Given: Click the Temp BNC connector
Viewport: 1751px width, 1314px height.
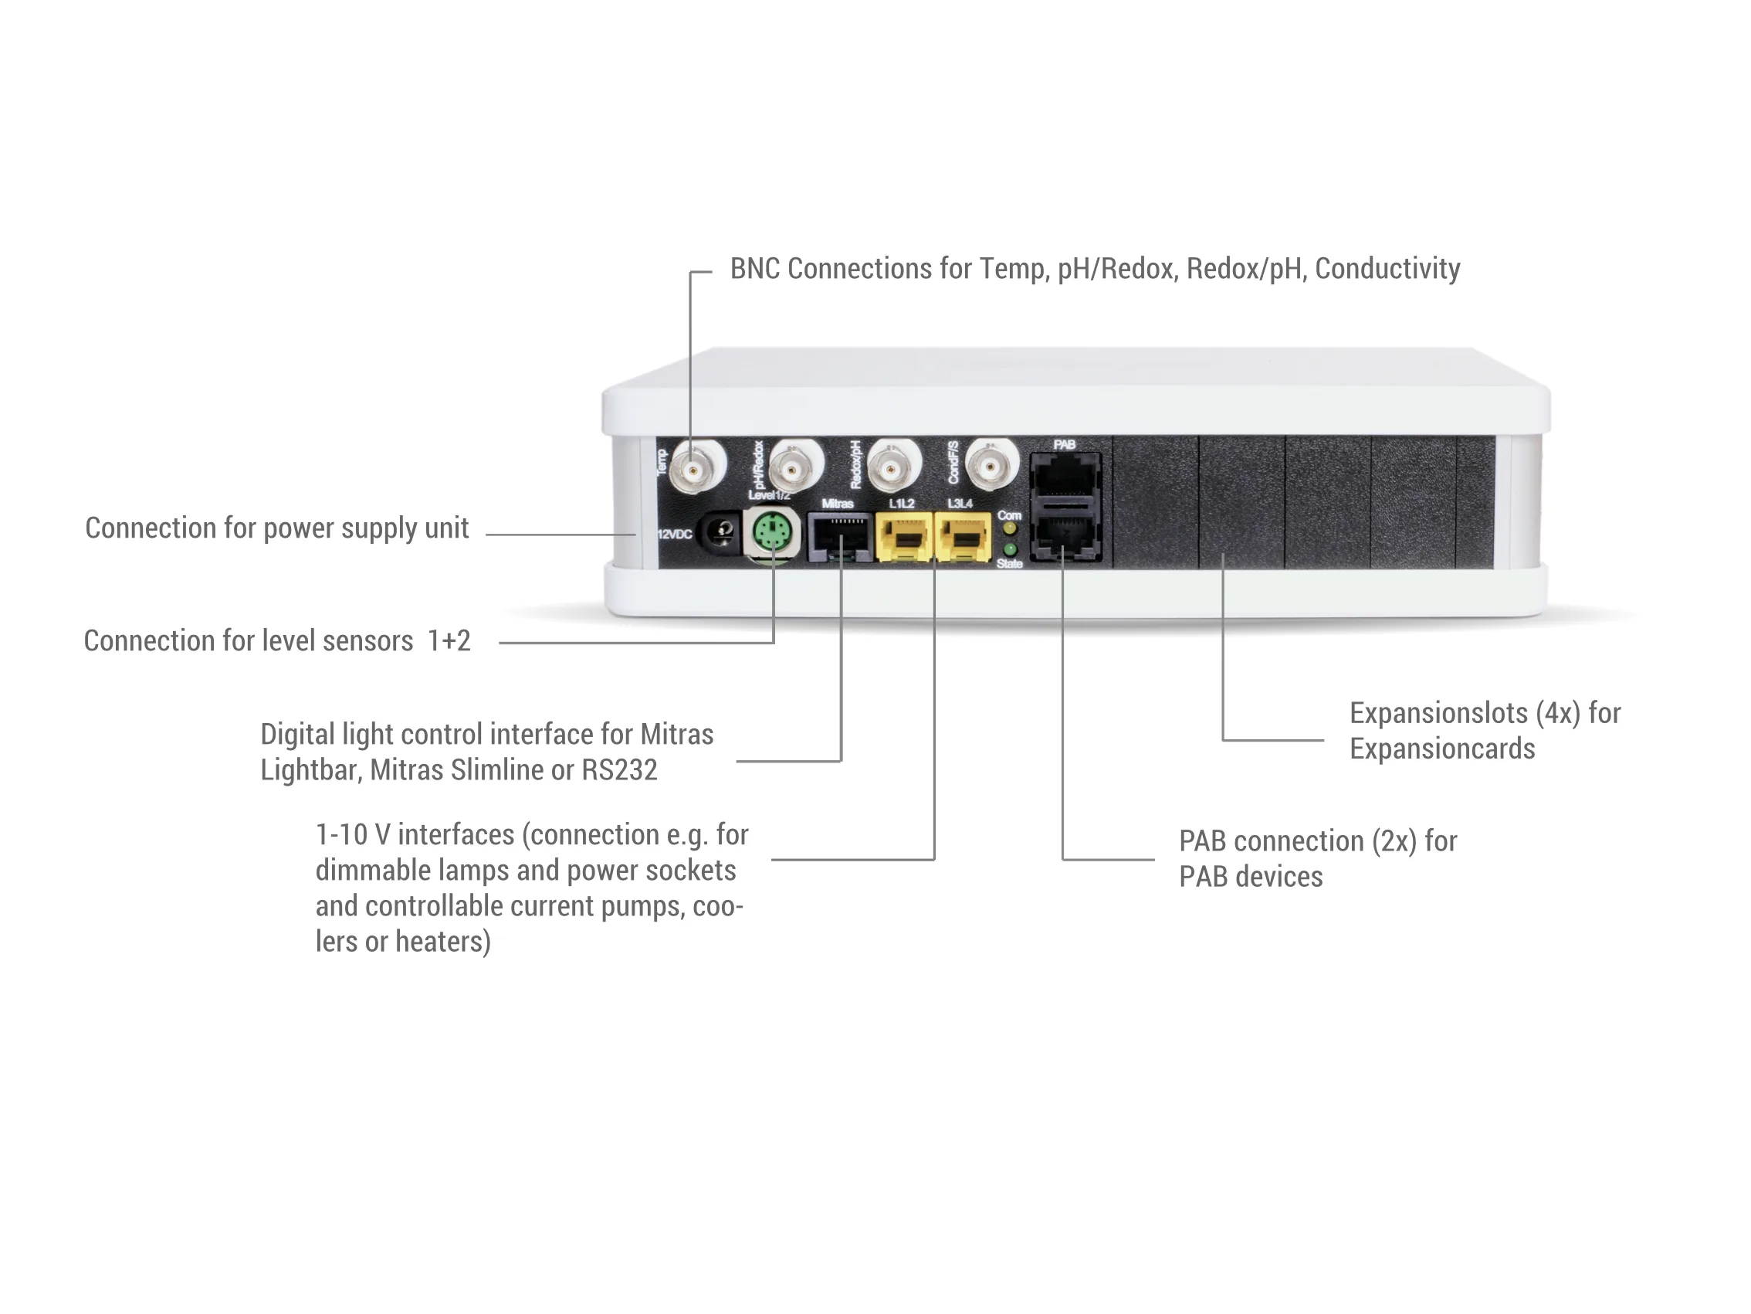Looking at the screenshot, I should pyautogui.click(x=695, y=469).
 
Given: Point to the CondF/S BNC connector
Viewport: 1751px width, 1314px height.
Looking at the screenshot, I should pyautogui.click(x=991, y=467).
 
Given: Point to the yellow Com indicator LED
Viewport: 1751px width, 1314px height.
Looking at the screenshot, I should pyautogui.click(x=1010, y=528).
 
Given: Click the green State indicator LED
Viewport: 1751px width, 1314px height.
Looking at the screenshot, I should pyautogui.click(x=1010, y=549).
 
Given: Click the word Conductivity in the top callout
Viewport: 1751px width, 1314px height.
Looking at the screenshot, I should pyautogui.click(x=1387, y=270).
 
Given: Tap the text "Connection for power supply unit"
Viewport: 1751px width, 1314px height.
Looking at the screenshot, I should pyautogui.click(x=276, y=528).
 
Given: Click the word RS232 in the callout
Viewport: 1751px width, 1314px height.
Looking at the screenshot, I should pyautogui.click(x=619, y=770).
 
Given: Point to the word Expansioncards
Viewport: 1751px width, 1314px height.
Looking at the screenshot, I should pyautogui.click(x=1441, y=749).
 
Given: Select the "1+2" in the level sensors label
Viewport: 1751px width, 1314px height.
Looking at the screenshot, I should pyautogui.click(x=449, y=640).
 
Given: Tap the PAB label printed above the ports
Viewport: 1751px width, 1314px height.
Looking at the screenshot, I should pyautogui.click(x=1064, y=444).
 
